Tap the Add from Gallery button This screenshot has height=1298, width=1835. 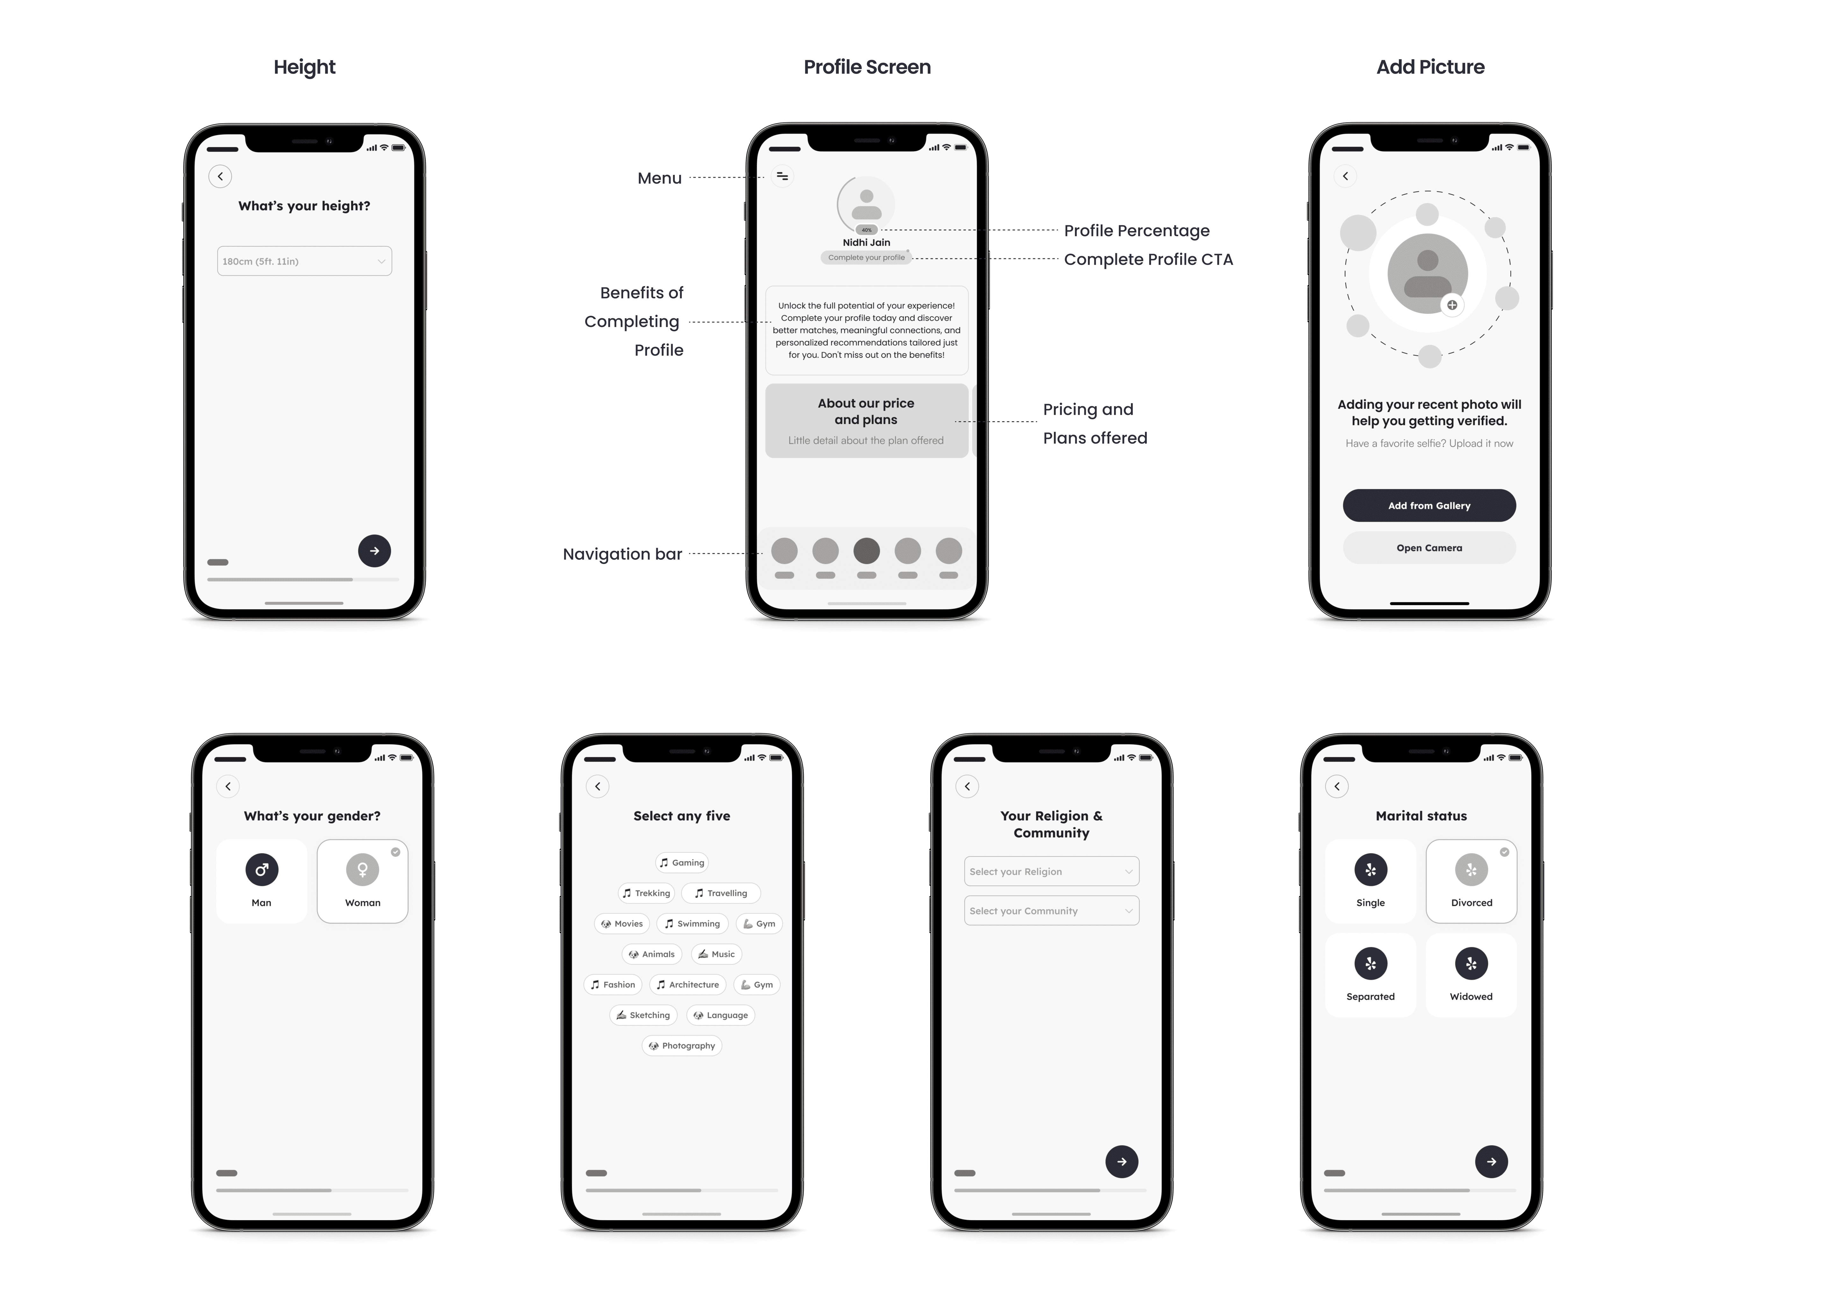pos(1429,505)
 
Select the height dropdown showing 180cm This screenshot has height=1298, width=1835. pos(305,261)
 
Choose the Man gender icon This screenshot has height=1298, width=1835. pos(261,869)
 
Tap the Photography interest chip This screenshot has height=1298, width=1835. pos(682,1045)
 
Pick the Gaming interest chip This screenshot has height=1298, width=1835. pos(682,862)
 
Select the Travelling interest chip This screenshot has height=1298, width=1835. pos(721,893)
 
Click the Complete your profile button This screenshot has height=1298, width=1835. pos(866,257)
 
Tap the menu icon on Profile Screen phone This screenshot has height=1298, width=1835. pos(782,176)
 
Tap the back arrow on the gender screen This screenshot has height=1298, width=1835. pos(228,786)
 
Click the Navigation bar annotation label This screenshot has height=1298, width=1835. pos(622,554)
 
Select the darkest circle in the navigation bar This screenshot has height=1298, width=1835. pos(866,551)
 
